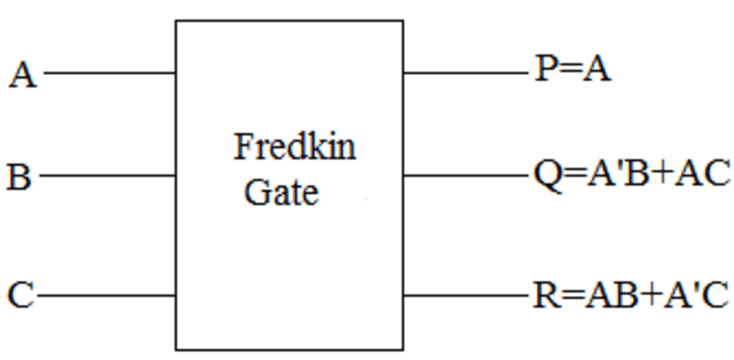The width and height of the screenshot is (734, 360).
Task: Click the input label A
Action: coord(23,75)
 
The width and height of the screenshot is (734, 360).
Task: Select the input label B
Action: coord(19,176)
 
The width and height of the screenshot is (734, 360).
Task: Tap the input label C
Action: coord(21,295)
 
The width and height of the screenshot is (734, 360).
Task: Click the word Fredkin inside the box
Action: coord(294,147)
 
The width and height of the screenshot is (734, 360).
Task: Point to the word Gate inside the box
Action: coord(282,193)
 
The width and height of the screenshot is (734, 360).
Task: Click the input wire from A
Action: coord(110,73)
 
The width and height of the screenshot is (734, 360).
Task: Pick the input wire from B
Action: coord(107,176)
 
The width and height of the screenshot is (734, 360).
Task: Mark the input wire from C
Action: coord(106,295)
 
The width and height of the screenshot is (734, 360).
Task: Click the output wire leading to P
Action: coord(465,73)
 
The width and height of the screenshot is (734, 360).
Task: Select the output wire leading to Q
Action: coord(465,176)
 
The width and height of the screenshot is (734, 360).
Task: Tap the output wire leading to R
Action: coord(465,295)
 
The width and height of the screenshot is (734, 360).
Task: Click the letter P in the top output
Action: coord(545,70)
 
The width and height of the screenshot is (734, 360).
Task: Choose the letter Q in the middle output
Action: coord(547,175)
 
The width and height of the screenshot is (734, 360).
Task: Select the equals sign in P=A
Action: coord(569,71)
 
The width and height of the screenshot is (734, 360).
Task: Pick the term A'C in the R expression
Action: coord(696,296)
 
